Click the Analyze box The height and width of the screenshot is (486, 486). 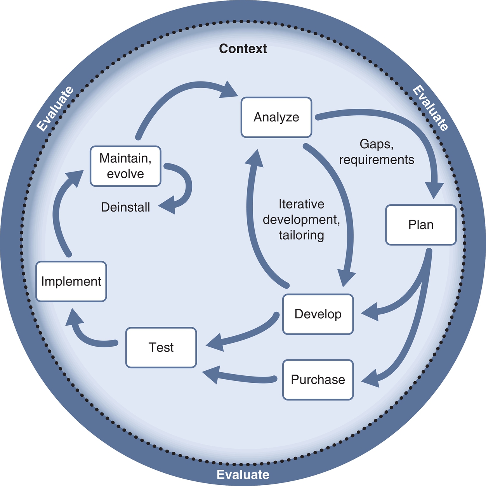pos(276,117)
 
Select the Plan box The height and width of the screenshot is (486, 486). pos(420,225)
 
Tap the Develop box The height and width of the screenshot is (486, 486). pos(318,314)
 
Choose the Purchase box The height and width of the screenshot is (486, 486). pos(318,380)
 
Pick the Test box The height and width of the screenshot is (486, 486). pos(161,347)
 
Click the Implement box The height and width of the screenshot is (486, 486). pos(71,281)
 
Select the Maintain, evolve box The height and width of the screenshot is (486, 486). pos(125,166)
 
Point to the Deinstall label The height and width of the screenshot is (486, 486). pos(125,207)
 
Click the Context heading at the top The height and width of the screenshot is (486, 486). pos(243,49)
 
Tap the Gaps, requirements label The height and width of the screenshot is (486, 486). pos(376,152)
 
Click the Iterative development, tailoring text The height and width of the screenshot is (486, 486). pos(301,220)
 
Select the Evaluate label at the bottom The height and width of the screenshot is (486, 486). pos(243,475)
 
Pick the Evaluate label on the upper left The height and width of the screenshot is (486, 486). pos(55,108)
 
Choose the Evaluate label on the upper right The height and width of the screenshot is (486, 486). pos(430,108)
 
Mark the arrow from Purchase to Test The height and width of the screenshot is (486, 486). pos(241,377)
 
